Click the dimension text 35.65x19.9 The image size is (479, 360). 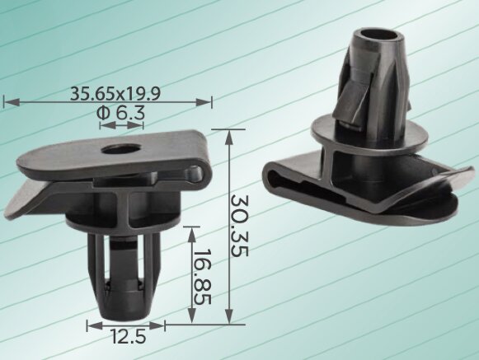click(x=115, y=93)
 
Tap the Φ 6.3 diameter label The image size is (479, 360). click(x=120, y=114)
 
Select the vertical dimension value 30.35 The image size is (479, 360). click(x=239, y=226)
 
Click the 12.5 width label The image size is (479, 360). click(x=129, y=337)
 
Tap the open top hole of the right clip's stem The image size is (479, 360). click(x=378, y=35)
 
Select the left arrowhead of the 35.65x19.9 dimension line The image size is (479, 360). click(x=12, y=102)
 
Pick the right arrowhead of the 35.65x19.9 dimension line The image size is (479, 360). click(x=204, y=102)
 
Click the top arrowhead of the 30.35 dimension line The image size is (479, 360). click(x=229, y=137)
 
